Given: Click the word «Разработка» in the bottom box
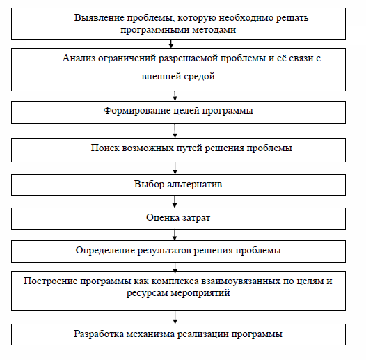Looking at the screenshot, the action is pyautogui.click(x=99, y=334).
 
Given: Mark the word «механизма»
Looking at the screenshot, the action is pyautogui.click(x=150, y=334).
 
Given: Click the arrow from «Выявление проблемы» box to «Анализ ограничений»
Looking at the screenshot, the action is pyautogui.click(x=171, y=44).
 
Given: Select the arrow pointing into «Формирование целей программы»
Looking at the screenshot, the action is pyautogui.click(x=175, y=96).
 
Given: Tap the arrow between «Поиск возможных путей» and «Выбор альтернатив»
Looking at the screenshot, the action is pyautogui.click(x=175, y=168).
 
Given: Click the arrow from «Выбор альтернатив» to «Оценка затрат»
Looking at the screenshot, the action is pyautogui.click(x=175, y=202).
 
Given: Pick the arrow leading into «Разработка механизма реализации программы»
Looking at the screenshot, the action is pyautogui.click(x=175, y=318).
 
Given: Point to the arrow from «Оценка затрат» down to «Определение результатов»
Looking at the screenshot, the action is pyautogui.click(x=175, y=235).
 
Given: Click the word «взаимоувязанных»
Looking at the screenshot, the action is pyautogui.click(x=241, y=281).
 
